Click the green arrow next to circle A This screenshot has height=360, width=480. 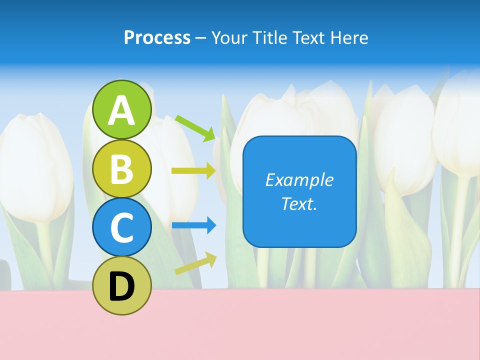click(195, 127)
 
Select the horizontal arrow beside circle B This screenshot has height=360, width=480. click(193, 170)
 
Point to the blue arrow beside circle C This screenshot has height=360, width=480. click(194, 225)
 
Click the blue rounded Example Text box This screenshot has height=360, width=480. click(299, 191)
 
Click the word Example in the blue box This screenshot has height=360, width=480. click(299, 180)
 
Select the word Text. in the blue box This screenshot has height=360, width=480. click(299, 204)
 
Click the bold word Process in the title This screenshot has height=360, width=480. click(157, 37)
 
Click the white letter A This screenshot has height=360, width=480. click(122, 110)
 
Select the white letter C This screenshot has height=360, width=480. click(122, 227)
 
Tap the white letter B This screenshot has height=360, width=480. click(122, 168)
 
